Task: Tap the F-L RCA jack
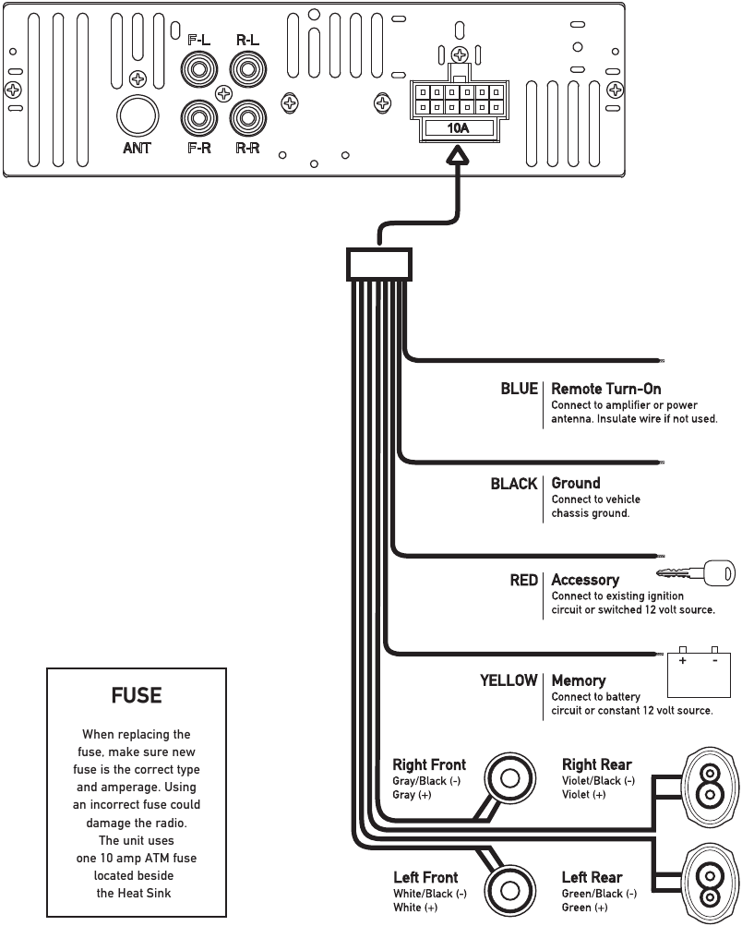(x=197, y=68)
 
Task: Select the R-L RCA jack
(x=246, y=68)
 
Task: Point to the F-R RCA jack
(x=197, y=117)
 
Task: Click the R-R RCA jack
(x=246, y=117)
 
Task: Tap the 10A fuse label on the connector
(x=459, y=128)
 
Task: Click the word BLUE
(x=519, y=389)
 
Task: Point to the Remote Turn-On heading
(x=605, y=389)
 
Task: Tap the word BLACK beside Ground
(x=513, y=483)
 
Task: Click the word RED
(x=523, y=580)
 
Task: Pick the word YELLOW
(x=508, y=680)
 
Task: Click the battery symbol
(x=699, y=670)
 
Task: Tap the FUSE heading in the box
(x=137, y=695)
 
